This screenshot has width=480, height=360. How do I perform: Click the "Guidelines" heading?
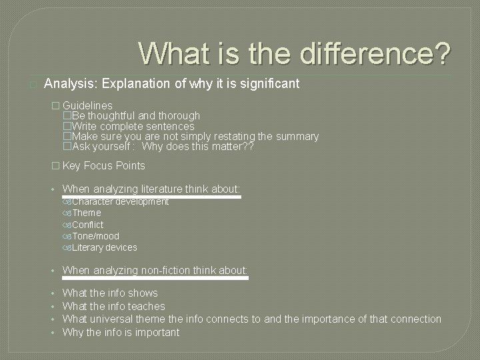(x=87, y=105)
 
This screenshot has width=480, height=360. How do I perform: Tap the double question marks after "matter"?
(x=248, y=147)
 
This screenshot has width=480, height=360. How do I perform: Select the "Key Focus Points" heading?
(x=103, y=165)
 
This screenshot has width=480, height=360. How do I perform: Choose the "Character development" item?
(x=120, y=201)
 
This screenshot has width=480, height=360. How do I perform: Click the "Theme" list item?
(x=87, y=213)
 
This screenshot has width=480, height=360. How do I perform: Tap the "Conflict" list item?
(x=88, y=225)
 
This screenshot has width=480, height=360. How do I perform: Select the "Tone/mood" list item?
(x=95, y=236)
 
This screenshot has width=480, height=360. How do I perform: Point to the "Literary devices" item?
(x=104, y=247)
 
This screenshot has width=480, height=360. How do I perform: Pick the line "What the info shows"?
(x=110, y=293)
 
